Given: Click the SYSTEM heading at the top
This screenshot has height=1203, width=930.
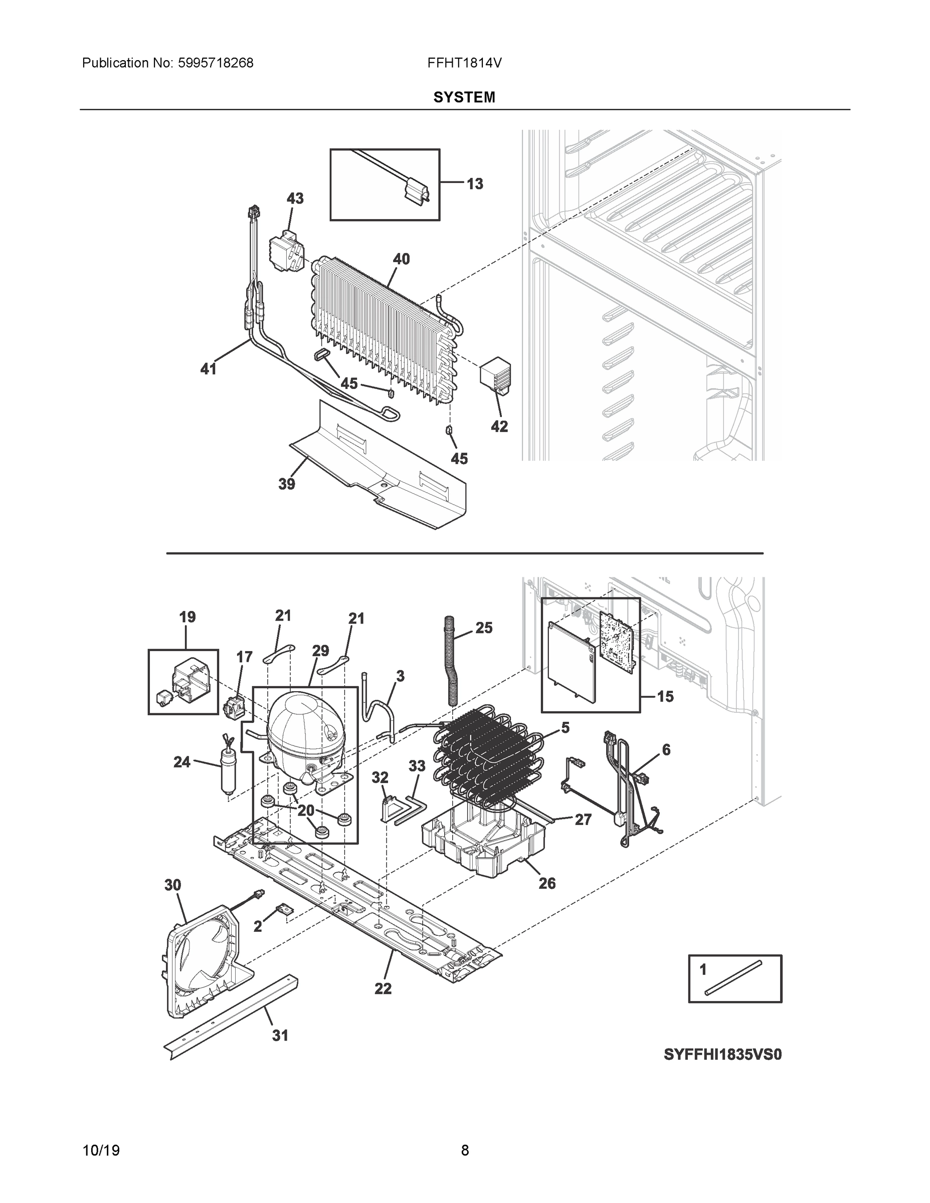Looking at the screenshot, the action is click(464, 98).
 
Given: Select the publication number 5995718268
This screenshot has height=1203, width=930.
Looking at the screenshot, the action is click(216, 63).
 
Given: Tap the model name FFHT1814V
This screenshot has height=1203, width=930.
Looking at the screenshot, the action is click(464, 63).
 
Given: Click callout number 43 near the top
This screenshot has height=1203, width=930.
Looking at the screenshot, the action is click(295, 198).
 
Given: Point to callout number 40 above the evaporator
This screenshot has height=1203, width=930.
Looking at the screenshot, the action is click(401, 259).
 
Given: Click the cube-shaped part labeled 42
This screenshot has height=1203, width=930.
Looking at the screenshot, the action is click(495, 374).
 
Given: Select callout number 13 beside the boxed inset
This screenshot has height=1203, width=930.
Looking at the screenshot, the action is click(474, 184).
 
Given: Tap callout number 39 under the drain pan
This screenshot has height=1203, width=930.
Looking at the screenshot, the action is click(286, 484).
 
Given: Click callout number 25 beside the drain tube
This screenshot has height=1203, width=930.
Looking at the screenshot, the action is click(483, 628).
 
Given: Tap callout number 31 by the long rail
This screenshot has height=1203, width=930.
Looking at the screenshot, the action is click(280, 1036).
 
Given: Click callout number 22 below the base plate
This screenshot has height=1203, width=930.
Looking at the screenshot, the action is click(383, 989).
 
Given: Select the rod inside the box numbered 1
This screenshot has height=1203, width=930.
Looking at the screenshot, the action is click(733, 978).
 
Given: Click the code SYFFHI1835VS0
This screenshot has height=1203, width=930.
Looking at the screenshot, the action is click(723, 1054).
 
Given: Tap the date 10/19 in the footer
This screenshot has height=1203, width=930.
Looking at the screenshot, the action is click(101, 1150).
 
